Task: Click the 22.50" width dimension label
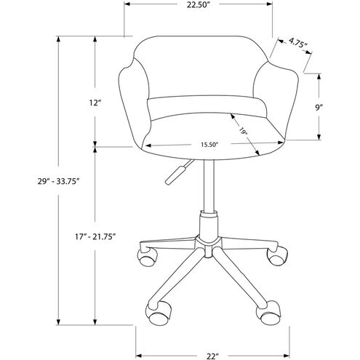point(199,9)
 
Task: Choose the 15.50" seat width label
point(209,144)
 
